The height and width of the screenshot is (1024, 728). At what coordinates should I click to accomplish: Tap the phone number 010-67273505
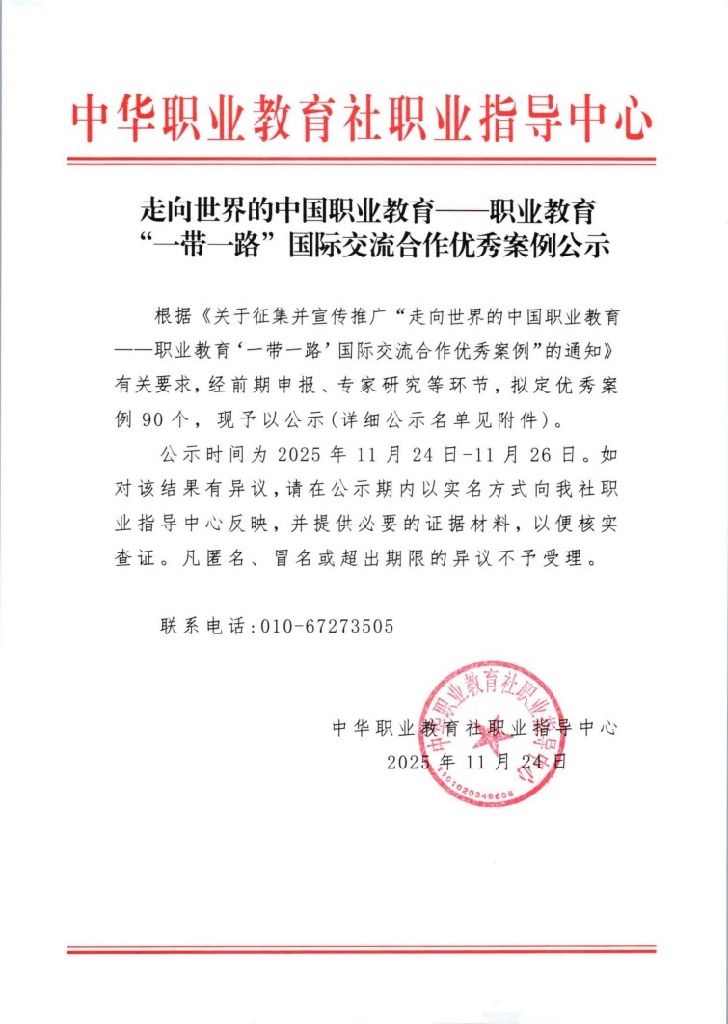coord(328,626)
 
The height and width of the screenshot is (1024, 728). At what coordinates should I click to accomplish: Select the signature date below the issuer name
coord(477,761)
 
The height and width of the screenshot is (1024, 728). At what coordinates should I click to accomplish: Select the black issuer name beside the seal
coord(472,727)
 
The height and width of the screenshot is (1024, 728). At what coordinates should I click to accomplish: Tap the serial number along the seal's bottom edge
coord(477,791)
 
